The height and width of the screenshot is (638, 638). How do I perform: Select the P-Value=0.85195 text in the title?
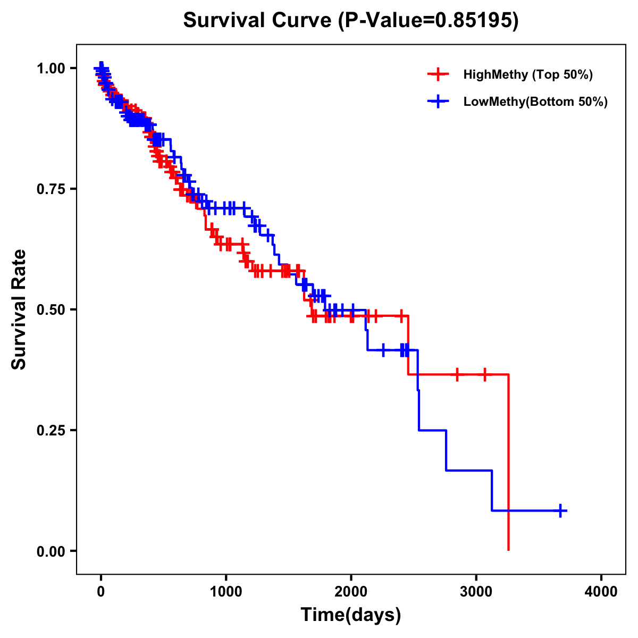pos(430,21)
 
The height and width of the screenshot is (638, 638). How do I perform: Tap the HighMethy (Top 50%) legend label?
pos(527,74)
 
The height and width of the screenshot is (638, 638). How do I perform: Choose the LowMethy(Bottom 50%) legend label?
pos(535,102)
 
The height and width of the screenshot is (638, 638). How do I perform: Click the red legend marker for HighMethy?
pos(438,74)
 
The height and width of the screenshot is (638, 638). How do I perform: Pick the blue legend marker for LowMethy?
pos(438,102)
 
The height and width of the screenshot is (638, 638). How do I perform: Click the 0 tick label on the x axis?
pos(101,592)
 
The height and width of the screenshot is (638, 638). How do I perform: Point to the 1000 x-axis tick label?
pos(226,592)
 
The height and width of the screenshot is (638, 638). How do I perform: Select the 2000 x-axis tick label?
pos(351,592)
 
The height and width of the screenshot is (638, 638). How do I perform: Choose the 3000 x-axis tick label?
pos(476,592)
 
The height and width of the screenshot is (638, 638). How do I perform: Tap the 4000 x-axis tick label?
pos(601,592)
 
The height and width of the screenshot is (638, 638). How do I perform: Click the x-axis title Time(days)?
pos(351,615)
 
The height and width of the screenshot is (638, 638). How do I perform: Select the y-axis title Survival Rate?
pos(19,309)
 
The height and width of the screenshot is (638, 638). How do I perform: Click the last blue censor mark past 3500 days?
pos(560,510)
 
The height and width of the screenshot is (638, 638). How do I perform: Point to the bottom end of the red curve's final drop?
pos(509,549)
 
